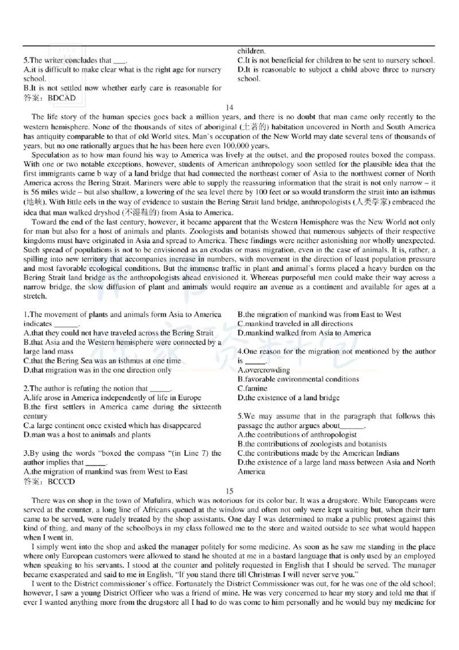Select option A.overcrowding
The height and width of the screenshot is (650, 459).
point(263,370)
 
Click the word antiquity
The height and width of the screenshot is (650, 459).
point(46,136)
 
